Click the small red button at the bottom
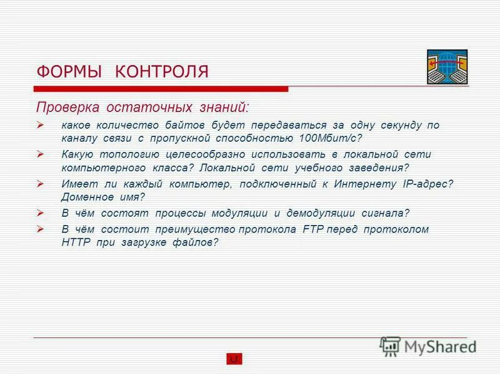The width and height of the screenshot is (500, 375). pos(234,359)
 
